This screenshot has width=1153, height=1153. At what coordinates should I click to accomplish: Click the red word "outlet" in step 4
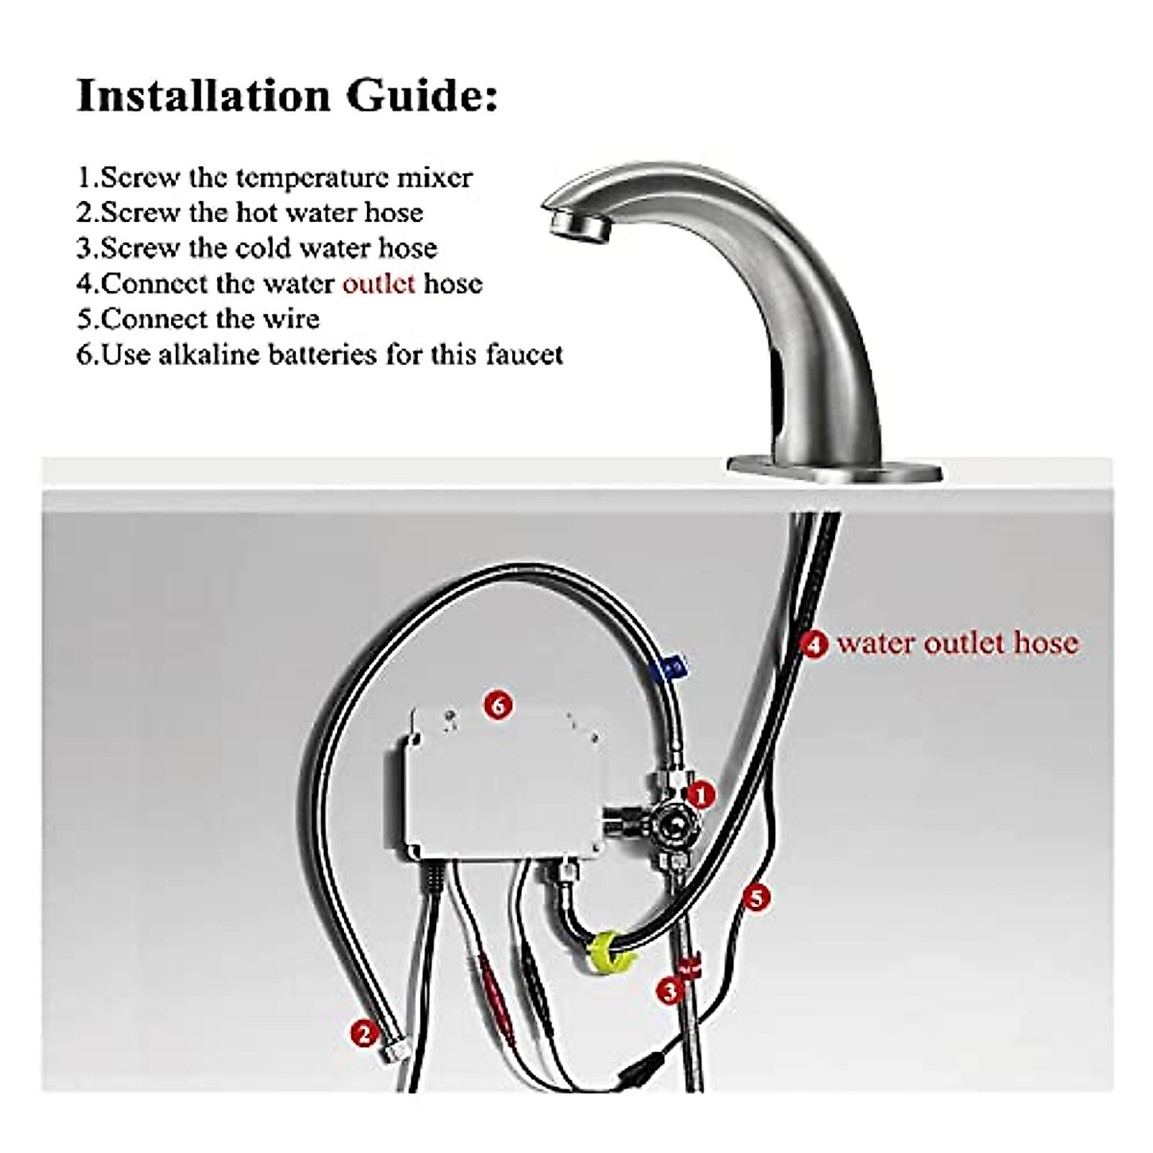[x=379, y=283]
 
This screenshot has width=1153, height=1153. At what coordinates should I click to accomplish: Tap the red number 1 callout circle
[x=702, y=795]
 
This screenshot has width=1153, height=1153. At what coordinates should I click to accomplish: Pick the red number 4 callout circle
[x=815, y=644]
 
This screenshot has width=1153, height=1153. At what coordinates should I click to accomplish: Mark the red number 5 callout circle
[x=758, y=898]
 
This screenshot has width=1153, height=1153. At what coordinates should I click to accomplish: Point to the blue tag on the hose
[x=673, y=665]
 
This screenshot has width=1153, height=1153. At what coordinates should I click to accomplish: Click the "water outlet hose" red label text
[x=957, y=643]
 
